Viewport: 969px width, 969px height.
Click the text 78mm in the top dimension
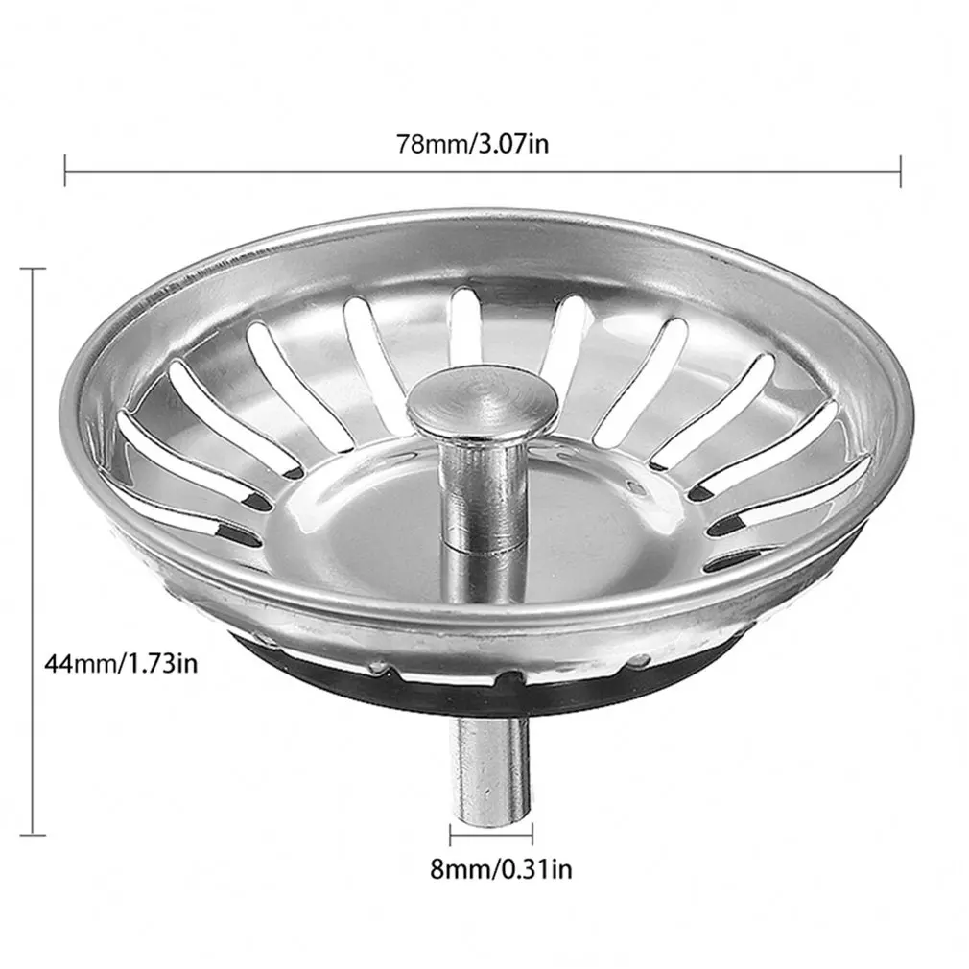pos(429,144)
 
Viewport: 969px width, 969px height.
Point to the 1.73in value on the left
pos(160,661)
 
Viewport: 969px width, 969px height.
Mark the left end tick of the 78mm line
pos(64,172)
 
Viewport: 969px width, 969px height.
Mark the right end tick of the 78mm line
pos(900,172)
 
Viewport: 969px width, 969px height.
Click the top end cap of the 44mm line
pos(34,270)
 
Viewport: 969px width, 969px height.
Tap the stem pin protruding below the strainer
pos(491,768)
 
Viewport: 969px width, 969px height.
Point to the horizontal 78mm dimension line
pos(288,172)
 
